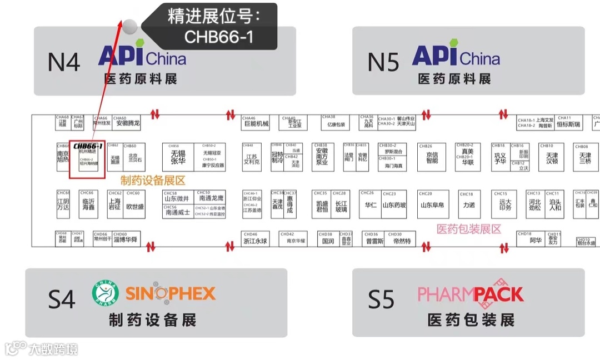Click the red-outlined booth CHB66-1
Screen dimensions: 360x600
click(x=87, y=159)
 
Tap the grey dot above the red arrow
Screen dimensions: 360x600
click(x=129, y=25)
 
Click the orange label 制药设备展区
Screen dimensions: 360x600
click(x=152, y=181)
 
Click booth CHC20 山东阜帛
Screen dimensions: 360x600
click(x=432, y=204)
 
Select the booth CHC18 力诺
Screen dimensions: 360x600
click(x=469, y=204)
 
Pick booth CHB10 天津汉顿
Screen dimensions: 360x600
click(x=552, y=157)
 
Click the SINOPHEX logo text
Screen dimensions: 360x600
click(x=170, y=293)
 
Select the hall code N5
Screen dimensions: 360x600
click(x=383, y=62)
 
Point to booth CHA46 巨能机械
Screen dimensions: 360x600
click(x=256, y=122)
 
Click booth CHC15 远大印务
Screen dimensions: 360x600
click(x=504, y=204)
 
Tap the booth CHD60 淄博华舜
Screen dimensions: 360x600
click(x=126, y=239)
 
